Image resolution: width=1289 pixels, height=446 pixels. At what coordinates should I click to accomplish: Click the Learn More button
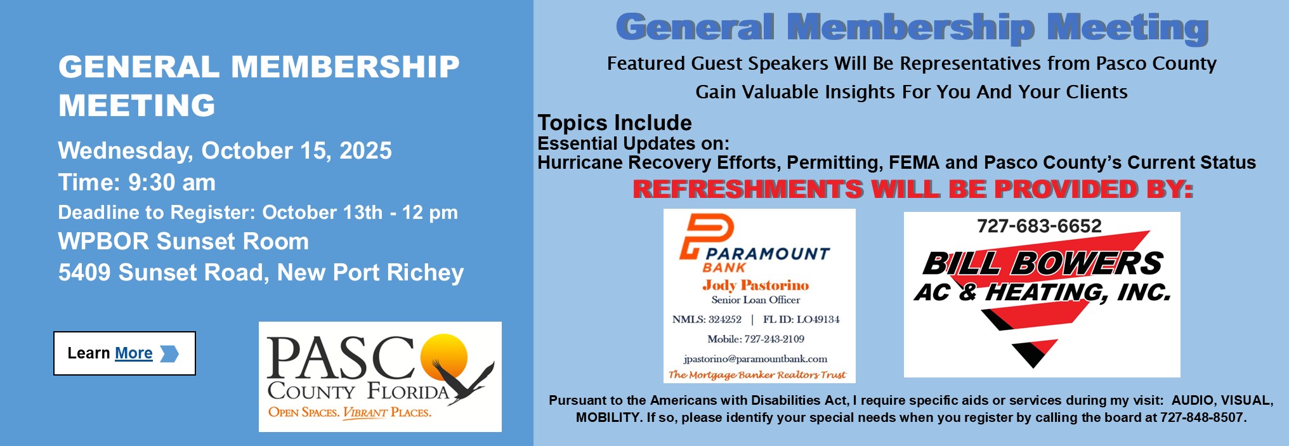[124, 353]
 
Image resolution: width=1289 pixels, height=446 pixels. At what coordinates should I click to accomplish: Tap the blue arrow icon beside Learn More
[169, 353]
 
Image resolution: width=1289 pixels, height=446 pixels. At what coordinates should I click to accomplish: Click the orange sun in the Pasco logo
[445, 357]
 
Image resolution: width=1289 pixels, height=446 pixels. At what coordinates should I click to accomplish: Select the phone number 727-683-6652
[1039, 226]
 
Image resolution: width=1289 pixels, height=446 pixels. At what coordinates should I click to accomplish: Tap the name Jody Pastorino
[756, 285]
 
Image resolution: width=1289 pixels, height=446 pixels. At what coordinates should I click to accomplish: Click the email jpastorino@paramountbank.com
[756, 359]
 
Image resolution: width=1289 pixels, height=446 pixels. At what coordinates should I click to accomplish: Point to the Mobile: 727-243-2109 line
[756, 339]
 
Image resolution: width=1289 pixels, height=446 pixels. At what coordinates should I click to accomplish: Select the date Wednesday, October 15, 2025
[225, 151]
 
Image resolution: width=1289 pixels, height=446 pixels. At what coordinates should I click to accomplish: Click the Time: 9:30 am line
[137, 183]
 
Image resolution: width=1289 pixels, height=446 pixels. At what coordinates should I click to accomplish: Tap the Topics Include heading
[615, 122]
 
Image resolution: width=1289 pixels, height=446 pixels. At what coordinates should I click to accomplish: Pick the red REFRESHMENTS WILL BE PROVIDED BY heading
[913, 189]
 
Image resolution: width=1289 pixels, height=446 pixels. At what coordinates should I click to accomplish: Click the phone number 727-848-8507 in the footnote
[1201, 417]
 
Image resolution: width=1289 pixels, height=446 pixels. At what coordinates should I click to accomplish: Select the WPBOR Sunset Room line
[183, 242]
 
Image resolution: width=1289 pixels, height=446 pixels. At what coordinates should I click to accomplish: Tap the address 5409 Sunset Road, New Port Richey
[261, 273]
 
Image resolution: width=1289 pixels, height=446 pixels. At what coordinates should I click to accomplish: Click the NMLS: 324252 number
[707, 319]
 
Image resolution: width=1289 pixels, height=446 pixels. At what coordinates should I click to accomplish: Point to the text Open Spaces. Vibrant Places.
[350, 412]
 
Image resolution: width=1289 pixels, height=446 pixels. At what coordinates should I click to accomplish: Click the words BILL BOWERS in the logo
[1042, 263]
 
